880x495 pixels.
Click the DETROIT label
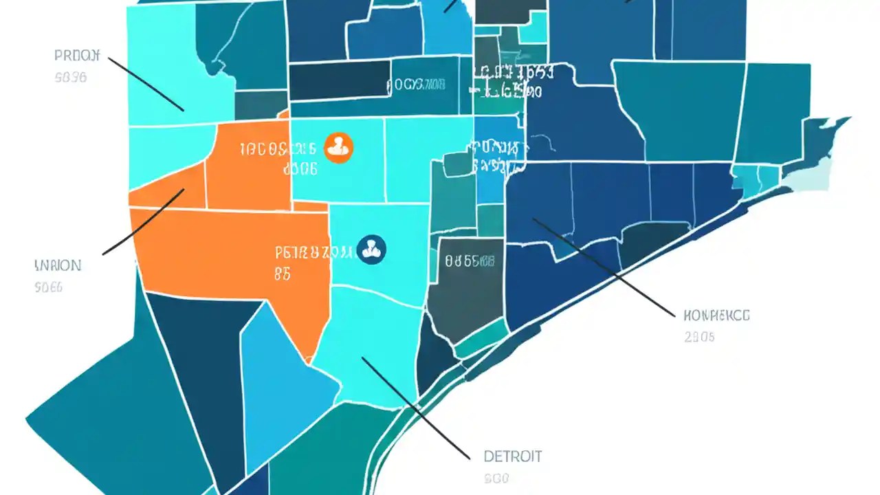point(512,456)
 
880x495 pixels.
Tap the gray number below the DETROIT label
point(496,478)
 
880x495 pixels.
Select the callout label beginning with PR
point(77,56)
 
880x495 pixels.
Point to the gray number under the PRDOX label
point(70,78)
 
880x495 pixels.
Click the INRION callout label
point(58,265)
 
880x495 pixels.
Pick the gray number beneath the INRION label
point(48,287)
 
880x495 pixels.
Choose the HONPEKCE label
point(717,316)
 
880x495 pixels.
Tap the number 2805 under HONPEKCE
point(699,337)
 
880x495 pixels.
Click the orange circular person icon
point(338,147)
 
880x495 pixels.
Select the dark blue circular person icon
point(373,250)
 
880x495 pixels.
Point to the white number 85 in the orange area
point(283,274)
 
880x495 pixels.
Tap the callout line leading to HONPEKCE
point(605,268)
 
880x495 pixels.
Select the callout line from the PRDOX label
point(146,84)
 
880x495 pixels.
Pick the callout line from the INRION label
point(143,222)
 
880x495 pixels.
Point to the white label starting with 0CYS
point(415,85)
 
